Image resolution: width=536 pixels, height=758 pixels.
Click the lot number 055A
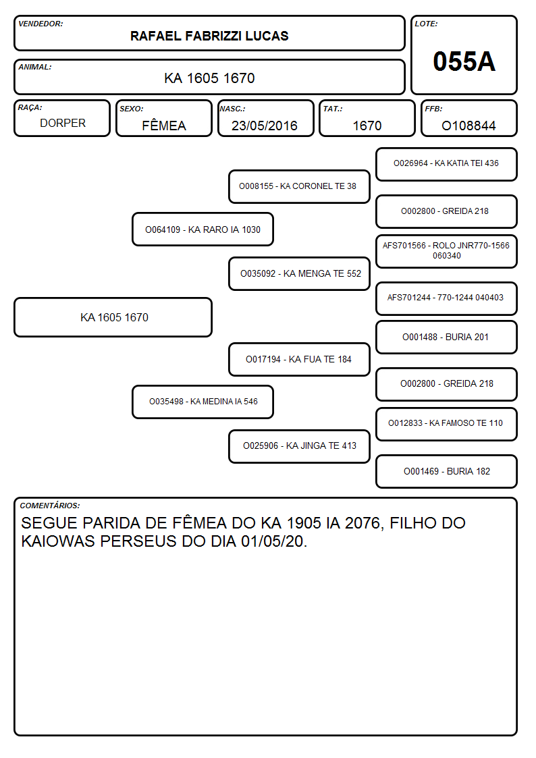[464, 61]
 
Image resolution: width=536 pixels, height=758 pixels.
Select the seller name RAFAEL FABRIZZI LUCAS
[209, 36]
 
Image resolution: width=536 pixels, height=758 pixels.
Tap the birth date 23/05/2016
[265, 126]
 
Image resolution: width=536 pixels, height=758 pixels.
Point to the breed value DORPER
[63, 124]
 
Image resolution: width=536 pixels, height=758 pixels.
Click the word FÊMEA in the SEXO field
[164, 125]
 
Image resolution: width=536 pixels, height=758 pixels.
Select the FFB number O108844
[468, 126]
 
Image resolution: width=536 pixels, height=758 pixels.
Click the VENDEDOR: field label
[41, 24]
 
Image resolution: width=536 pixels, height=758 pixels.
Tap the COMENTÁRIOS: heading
[50, 506]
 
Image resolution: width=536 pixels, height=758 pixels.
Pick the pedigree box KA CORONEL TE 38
[299, 186]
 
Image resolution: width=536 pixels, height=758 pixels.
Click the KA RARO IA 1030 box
[203, 229]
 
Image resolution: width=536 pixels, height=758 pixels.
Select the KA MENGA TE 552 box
[299, 273]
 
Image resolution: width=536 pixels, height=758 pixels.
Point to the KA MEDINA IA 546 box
[203, 402]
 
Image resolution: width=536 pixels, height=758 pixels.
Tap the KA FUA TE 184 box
[299, 359]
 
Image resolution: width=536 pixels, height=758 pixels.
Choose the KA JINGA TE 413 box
[299, 446]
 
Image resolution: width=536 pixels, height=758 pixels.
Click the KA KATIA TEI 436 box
[446, 165]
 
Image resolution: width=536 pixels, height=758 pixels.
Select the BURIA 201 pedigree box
[446, 337]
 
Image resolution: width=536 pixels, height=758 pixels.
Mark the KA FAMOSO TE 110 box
[446, 424]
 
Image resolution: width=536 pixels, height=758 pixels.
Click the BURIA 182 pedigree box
[446, 471]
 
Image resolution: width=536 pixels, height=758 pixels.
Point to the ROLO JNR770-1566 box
[446, 251]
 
